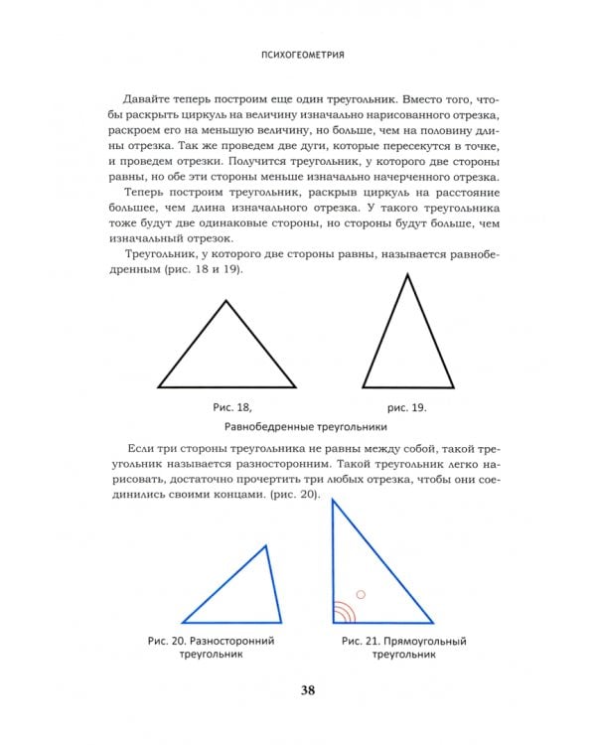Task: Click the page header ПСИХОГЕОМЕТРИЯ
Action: click(x=297, y=56)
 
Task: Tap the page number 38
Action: click(x=297, y=692)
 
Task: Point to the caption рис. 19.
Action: click(x=406, y=407)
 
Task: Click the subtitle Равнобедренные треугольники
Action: click(x=297, y=428)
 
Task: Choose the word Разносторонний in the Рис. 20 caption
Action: click(x=230, y=641)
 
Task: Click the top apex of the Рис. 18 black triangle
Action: click(x=225, y=301)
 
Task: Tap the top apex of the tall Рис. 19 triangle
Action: click(x=406, y=273)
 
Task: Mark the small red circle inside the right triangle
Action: click(x=361, y=595)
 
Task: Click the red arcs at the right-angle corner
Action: click(x=341, y=611)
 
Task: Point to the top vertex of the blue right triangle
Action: click(x=333, y=499)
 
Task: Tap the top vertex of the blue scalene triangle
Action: click(x=266, y=544)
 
